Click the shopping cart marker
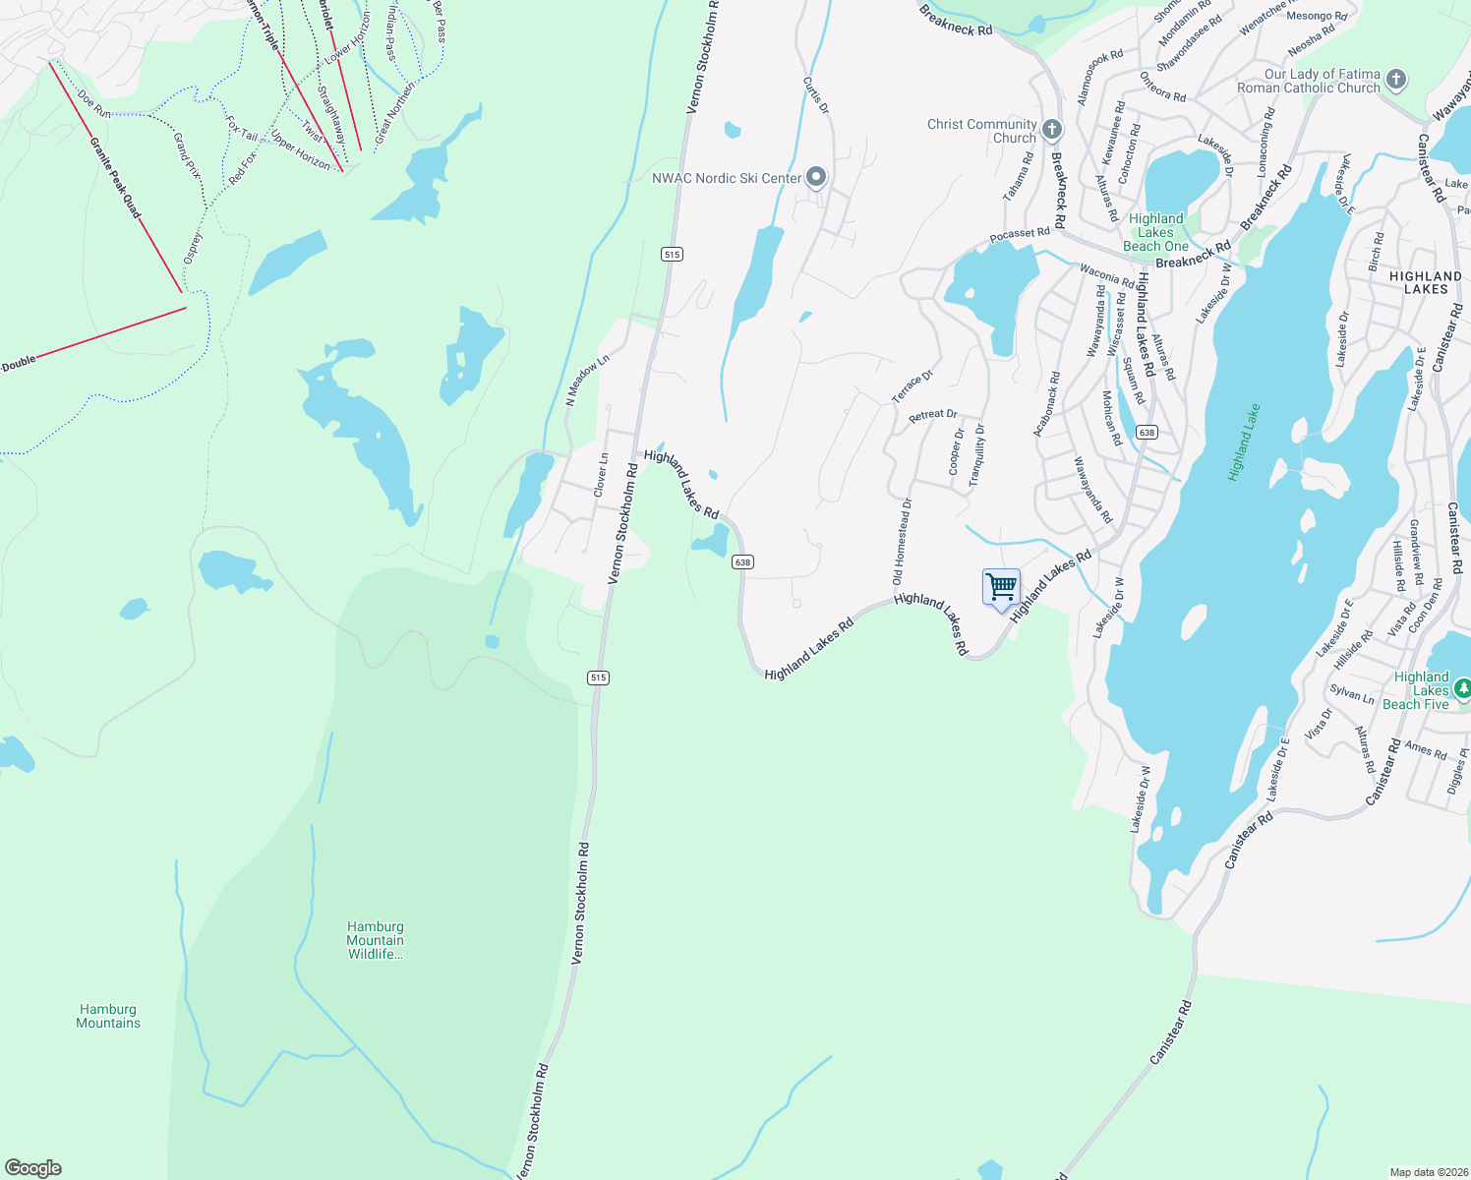[1001, 588]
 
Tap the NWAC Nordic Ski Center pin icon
[816, 177]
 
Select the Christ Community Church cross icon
[1052, 130]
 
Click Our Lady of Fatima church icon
[1396, 81]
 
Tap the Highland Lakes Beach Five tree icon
[1462, 689]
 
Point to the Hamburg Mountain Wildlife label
[375, 940]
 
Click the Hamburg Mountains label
[108, 1016]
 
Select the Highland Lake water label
[1244, 442]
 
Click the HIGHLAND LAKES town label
[1426, 282]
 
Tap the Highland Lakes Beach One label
[1156, 233]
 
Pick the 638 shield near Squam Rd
[1146, 433]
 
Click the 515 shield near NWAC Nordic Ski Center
[672, 255]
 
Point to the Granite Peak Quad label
[116, 178]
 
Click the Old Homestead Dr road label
[902, 542]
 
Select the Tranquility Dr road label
[976, 455]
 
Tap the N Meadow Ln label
[587, 381]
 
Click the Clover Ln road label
[602, 474]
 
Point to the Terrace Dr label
[912, 386]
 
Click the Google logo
[33, 1168]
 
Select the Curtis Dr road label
[816, 95]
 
